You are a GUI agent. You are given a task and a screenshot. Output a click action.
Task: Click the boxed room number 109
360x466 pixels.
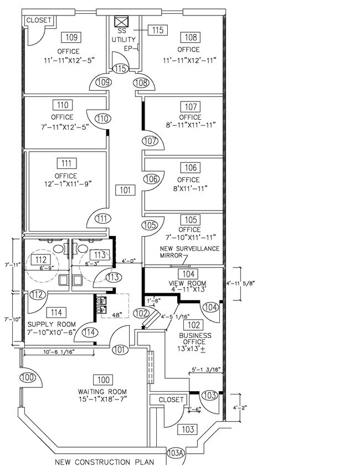tap(71, 37)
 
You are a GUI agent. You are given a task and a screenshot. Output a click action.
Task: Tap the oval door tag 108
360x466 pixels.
tap(141, 83)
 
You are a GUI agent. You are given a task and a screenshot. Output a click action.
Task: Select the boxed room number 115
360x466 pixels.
tap(158, 30)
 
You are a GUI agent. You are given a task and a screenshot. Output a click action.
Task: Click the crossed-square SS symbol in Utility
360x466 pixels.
tap(121, 22)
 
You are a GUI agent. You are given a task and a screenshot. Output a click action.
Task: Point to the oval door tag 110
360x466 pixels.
tap(102, 119)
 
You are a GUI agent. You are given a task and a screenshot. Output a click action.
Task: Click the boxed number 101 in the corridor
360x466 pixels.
tap(125, 190)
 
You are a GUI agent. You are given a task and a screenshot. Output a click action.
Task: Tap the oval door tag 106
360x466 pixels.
tap(152, 179)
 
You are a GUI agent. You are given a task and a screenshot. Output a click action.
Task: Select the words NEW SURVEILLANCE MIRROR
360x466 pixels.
tap(189, 252)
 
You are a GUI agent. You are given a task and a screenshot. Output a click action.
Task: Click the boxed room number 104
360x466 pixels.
tap(188, 274)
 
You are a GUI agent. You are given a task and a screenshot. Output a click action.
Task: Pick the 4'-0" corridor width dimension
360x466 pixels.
tap(128, 261)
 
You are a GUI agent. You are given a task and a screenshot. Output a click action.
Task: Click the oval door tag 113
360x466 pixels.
tap(114, 277)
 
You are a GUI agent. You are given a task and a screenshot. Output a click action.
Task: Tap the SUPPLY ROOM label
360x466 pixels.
tap(52, 324)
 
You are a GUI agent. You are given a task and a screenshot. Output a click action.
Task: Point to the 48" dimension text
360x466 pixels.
tap(117, 315)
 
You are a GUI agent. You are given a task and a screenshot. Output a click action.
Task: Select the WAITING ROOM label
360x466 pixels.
tap(102, 392)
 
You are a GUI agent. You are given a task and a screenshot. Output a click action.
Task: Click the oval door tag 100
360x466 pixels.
tap(28, 378)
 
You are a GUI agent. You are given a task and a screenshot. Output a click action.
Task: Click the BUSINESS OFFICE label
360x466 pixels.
tap(195, 339)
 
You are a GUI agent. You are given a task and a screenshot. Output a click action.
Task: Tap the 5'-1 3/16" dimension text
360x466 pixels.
tap(206, 370)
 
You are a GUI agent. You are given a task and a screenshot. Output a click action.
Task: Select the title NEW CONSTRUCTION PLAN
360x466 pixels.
tap(105, 462)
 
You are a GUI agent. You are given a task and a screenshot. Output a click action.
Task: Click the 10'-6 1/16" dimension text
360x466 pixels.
tap(59, 352)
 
